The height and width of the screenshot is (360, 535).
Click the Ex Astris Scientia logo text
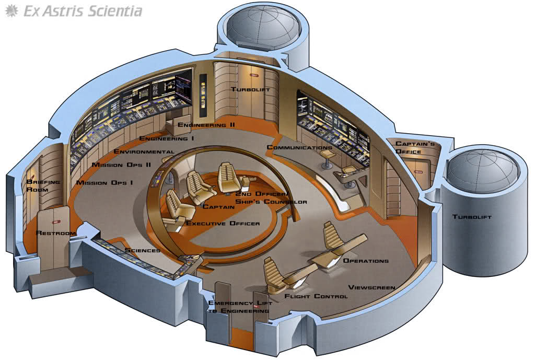[83, 11]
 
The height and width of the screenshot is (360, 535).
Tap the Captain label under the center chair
[218, 207]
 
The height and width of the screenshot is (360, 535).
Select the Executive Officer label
[223, 224]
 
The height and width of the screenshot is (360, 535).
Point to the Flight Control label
[316, 296]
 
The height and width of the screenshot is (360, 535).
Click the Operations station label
[366, 261]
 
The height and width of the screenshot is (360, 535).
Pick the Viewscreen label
[371, 287]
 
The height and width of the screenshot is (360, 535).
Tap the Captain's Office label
[415, 147]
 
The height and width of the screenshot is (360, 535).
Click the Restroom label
[55, 233]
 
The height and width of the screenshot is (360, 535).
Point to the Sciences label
[142, 250]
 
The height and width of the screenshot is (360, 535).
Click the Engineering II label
[206, 125]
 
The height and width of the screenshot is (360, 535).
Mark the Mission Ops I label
[104, 182]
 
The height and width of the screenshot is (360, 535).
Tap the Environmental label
[144, 151]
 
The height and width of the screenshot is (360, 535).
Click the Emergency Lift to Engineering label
[240, 307]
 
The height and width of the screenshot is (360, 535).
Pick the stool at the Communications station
[327, 158]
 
